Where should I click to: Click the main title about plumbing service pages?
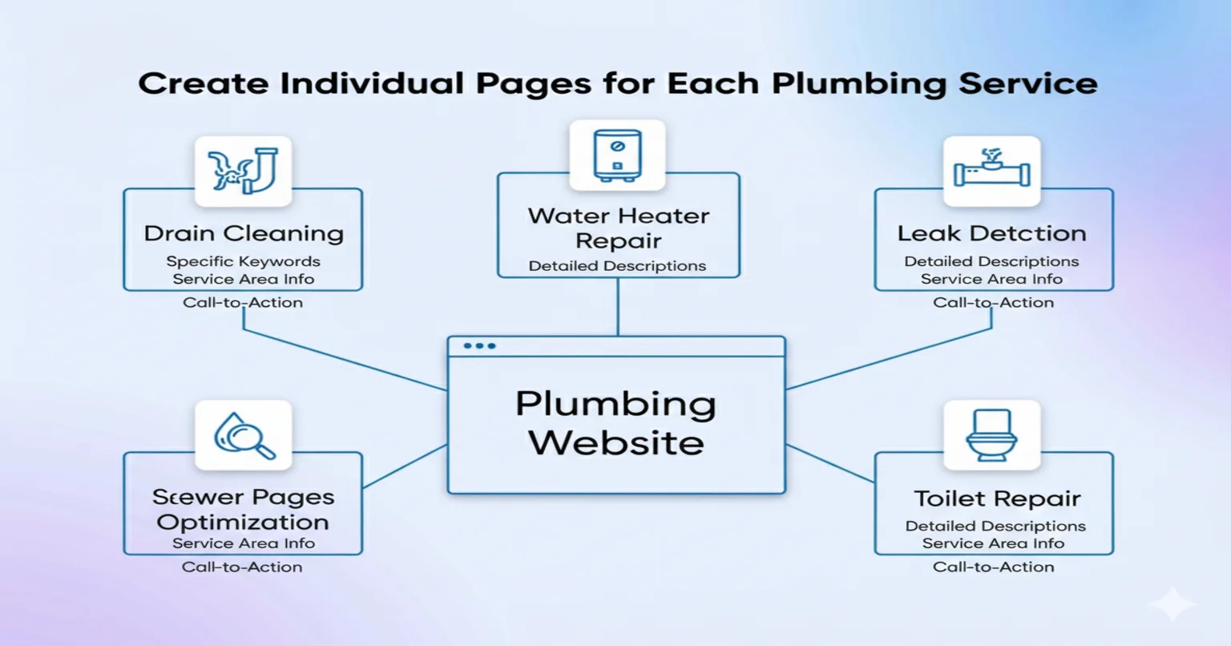(x=617, y=84)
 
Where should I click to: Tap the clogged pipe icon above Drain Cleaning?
(x=243, y=171)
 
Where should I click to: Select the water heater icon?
(x=617, y=155)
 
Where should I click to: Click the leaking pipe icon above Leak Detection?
(x=991, y=171)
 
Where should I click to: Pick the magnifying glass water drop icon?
(x=244, y=435)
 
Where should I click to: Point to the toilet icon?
(x=991, y=435)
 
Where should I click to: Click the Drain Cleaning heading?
(x=244, y=233)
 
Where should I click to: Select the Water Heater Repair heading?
(x=618, y=228)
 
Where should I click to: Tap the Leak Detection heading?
(x=991, y=233)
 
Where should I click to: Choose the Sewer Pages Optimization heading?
(x=243, y=510)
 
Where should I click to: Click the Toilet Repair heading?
(x=997, y=499)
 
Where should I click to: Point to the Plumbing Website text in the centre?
(x=615, y=423)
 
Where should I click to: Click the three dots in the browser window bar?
(x=479, y=346)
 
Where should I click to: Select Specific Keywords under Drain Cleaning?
(x=243, y=261)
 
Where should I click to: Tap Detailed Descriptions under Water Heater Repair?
(x=617, y=266)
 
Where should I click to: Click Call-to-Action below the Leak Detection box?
(x=993, y=302)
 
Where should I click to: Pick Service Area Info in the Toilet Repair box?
(x=993, y=543)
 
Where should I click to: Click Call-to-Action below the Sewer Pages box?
(x=242, y=567)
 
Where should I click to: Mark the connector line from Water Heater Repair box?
(x=618, y=307)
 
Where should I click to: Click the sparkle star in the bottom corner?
(x=1172, y=604)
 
